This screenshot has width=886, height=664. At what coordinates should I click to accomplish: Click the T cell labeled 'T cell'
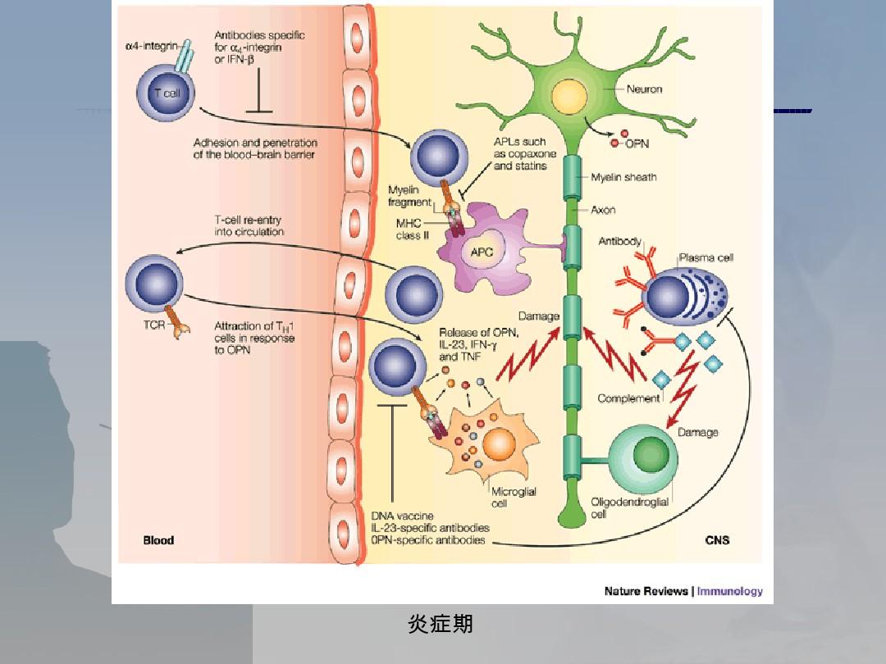point(167,94)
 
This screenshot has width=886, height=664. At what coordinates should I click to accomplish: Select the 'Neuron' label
point(644,89)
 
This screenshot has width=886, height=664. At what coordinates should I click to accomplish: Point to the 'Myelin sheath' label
point(623,177)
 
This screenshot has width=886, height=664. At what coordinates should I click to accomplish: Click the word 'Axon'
point(604,210)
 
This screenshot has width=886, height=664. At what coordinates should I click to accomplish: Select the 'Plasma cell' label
point(706,257)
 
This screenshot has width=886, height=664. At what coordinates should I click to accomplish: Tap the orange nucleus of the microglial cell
point(499,443)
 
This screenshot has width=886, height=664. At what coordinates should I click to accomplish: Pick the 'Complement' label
point(628,398)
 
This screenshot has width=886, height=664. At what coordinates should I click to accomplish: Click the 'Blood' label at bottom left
point(158,540)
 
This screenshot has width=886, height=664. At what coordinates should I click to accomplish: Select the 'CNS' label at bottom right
point(717,540)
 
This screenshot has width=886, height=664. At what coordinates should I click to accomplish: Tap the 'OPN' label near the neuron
point(637,143)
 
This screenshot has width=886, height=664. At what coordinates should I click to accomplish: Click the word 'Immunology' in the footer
point(729,591)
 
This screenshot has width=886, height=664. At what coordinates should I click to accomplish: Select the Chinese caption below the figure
point(441,625)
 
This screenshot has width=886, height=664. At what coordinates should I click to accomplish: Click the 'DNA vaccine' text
point(403,516)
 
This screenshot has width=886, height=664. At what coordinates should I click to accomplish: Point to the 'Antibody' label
point(620,242)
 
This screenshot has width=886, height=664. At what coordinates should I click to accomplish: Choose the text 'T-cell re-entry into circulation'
point(249,225)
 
